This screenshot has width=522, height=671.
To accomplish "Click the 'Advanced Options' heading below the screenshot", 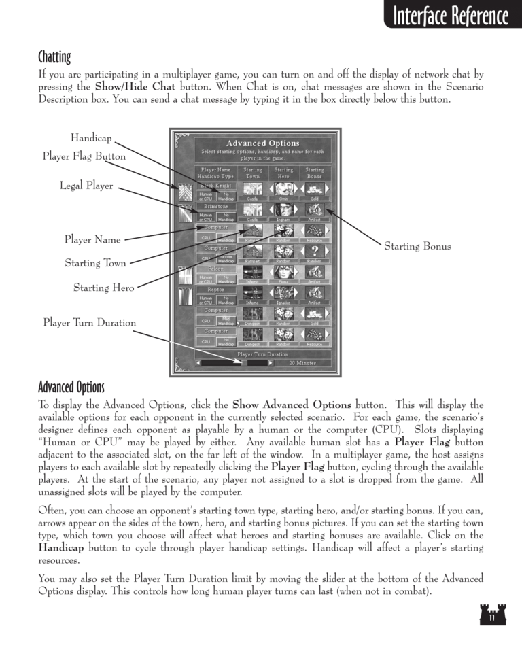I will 71,388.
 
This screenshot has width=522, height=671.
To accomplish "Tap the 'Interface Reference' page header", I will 446,16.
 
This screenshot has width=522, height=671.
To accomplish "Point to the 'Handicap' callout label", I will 90,138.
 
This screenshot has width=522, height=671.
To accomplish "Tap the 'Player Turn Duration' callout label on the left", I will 89,323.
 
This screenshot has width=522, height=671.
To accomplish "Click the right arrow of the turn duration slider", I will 271,363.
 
